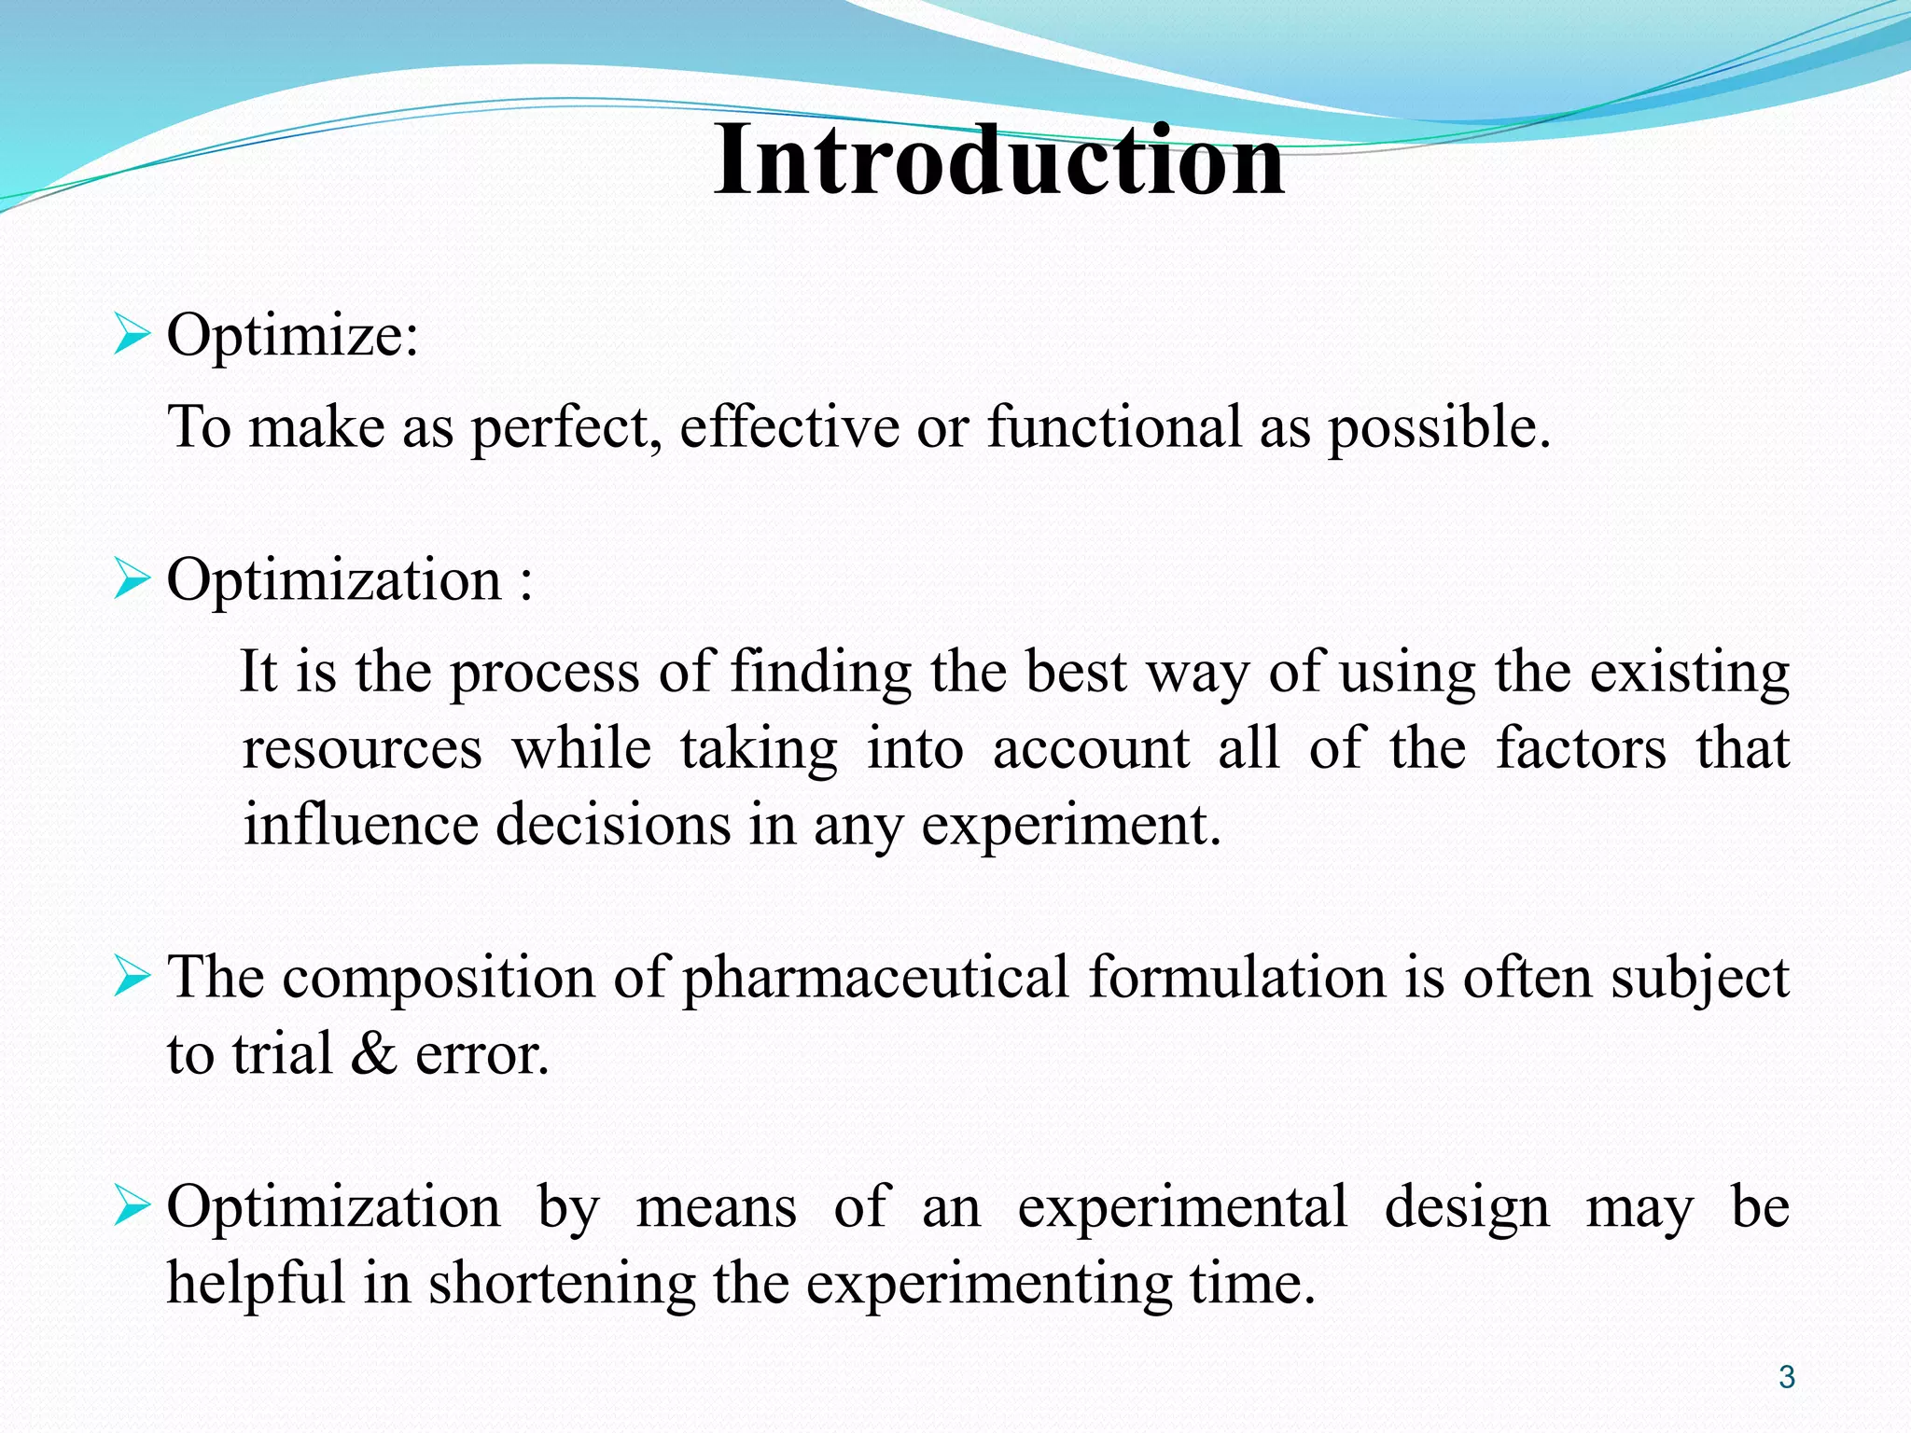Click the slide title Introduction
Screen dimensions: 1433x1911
pyautogui.click(x=998, y=160)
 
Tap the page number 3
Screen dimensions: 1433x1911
pyautogui.click(x=1786, y=1377)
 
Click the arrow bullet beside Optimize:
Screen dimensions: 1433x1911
pyautogui.click(x=132, y=335)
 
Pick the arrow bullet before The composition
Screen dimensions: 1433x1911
pyautogui.click(x=132, y=978)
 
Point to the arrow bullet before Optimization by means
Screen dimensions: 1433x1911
pyautogui.click(x=132, y=1206)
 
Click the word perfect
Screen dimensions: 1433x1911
pyautogui.click(x=565, y=428)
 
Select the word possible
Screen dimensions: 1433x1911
pyautogui.click(x=1438, y=428)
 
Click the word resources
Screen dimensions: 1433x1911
pyautogui.click(x=362, y=749)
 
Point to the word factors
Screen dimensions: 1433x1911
pyautogui.click(x=1581, y=749)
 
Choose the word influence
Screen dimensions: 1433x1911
pyautogui.click(x=359, y=825)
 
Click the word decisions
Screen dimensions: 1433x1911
pyautogui.click(x=612, y=825)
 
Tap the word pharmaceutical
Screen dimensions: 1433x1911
pyautogui.click(x=875, y=979)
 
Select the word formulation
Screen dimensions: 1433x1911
pyautogui.click(x=1237, y=979)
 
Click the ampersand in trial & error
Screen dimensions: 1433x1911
pyautogui.click(x=374, y=1055)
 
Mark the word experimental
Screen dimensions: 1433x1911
pyautogui.click(x=1182, y=1208)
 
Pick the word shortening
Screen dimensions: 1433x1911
pyautogui.click(x=562, y=1285)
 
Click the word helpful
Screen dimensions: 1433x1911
pyautogui.click(x=256, y=1283)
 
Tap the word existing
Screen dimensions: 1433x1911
pyautogui.click(x=1690, y=673)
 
